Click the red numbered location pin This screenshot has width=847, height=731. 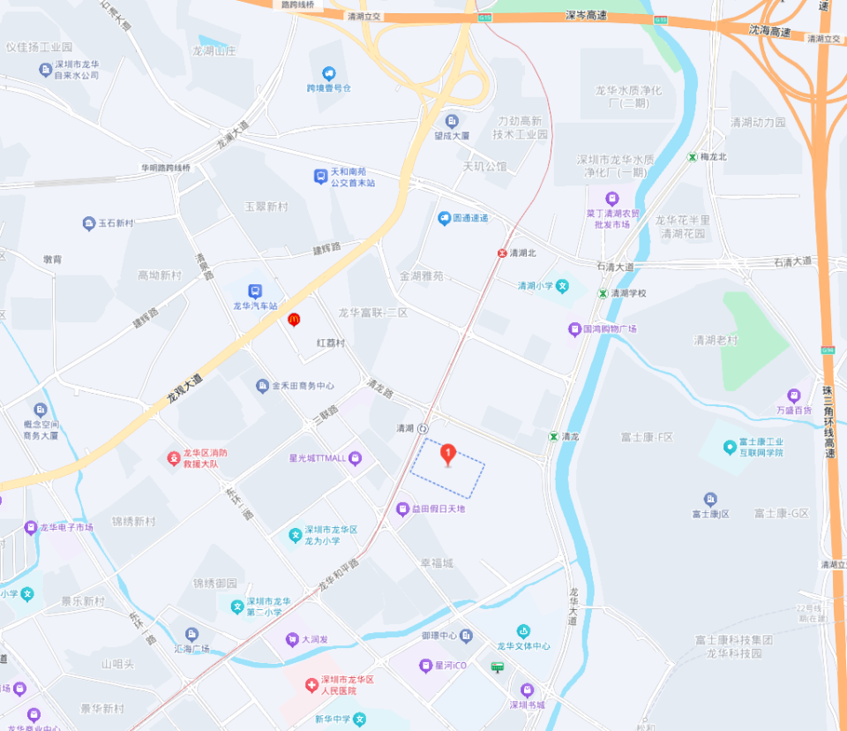tap(447, 454)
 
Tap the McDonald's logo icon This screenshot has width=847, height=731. tap(294, 320)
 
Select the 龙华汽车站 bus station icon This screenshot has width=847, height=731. tap(255, 290)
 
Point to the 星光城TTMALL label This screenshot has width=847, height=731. tap(318, 457)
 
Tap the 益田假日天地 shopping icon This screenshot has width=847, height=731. tap(402, 509)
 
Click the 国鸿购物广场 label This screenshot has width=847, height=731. tap(610, 328)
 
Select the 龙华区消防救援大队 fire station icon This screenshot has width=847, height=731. tap(174, 458)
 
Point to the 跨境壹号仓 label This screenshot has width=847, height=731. tap(329, 88)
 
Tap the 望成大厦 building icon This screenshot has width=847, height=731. tap(453, 121)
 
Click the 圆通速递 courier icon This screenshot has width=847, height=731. tap(446, 218)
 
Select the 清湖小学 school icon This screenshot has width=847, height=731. tap(562, 285)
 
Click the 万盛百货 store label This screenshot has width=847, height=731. tap(794, 410)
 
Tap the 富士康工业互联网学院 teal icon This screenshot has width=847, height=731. tap(729, 447)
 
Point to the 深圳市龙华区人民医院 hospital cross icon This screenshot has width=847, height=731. tap(311, 685)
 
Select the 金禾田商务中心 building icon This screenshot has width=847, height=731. tap(262, 386)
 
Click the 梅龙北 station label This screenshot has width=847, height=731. tap(713, 156)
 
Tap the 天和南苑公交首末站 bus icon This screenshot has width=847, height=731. tap(320, 177)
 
